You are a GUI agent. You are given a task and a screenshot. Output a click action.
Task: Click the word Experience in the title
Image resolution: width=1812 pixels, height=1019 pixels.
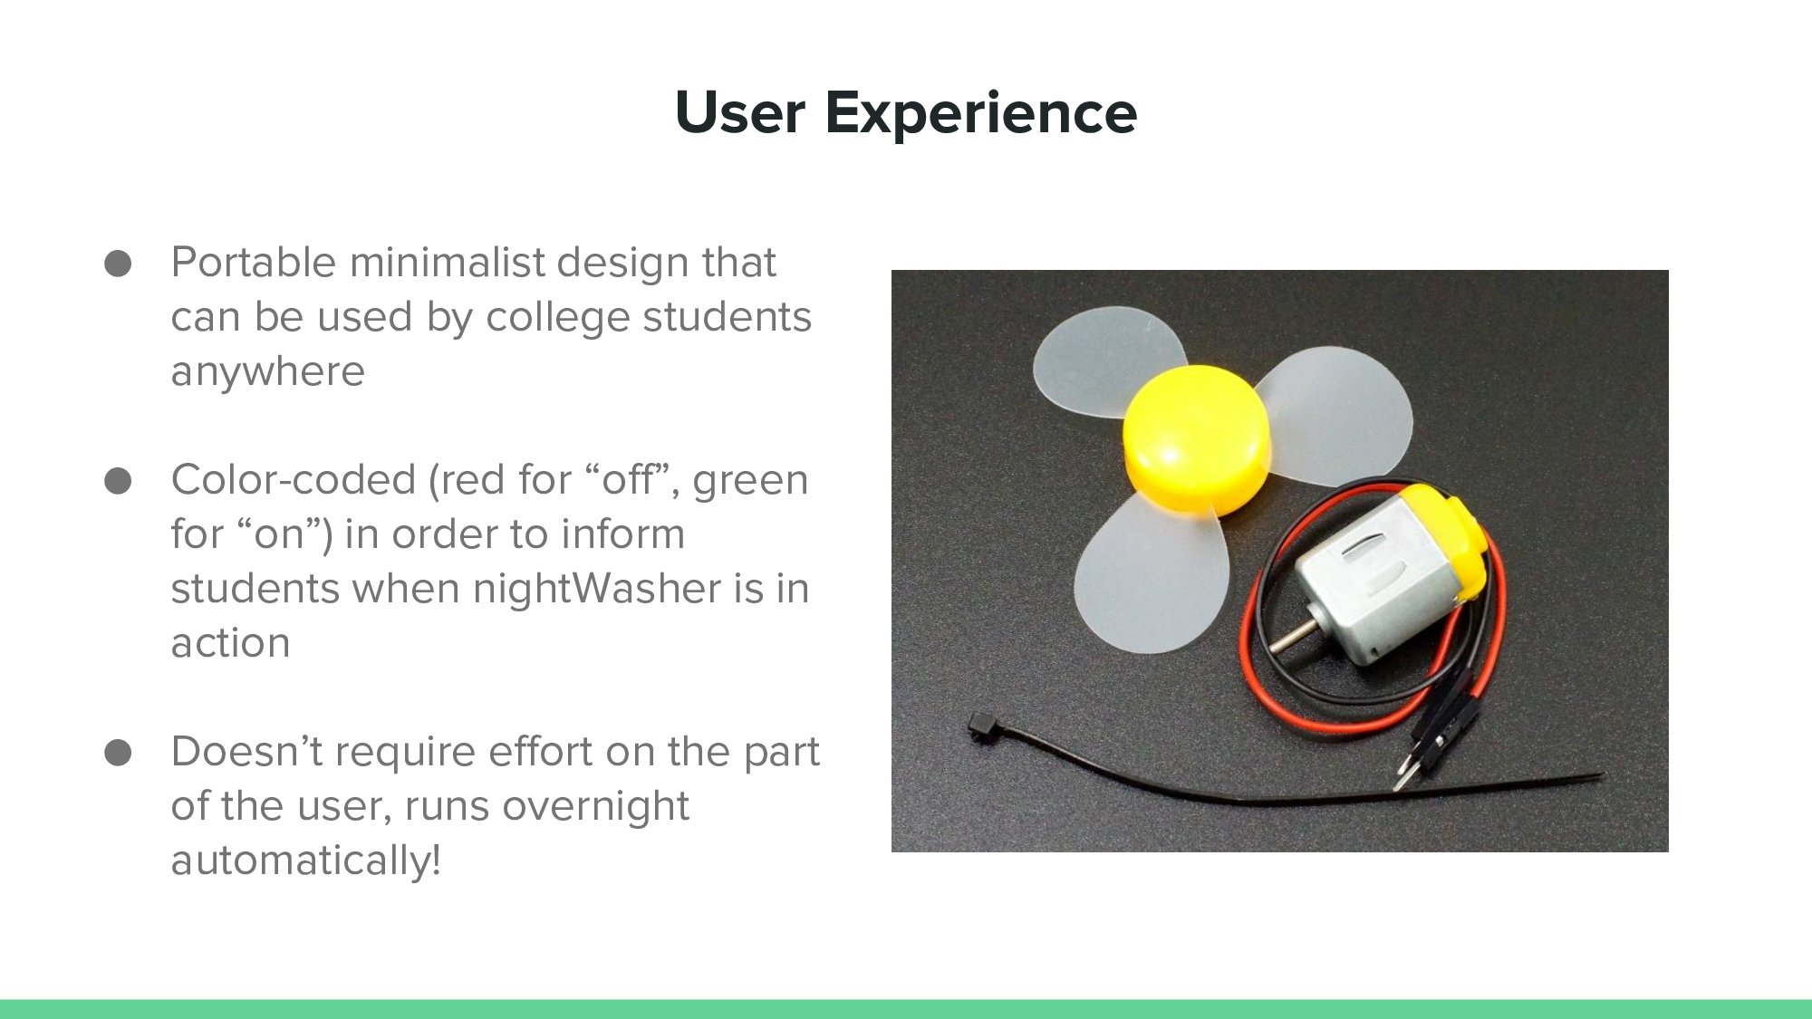980,114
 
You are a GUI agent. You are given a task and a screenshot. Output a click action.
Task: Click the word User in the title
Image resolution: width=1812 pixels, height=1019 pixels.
740,113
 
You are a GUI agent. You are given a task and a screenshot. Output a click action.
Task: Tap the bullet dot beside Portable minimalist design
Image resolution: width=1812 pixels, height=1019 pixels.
118,264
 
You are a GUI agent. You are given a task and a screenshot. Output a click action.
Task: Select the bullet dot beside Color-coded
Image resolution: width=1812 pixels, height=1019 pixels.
118,481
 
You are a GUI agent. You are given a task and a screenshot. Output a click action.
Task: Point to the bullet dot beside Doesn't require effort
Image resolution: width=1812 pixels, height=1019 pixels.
118,753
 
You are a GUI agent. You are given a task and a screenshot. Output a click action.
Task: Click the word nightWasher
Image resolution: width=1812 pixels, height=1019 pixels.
597,589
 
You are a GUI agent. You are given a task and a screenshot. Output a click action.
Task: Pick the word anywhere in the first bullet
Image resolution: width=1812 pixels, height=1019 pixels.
267,372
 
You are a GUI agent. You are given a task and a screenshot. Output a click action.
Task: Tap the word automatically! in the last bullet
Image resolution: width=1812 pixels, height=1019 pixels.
305,860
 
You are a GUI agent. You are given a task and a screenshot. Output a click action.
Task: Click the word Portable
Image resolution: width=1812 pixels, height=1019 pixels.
254,263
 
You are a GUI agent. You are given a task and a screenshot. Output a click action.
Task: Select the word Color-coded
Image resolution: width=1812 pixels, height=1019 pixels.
293,480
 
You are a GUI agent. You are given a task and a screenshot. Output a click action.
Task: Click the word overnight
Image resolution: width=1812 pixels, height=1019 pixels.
595,806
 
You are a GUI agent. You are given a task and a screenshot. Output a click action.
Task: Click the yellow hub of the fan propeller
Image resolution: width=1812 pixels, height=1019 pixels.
1196,439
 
